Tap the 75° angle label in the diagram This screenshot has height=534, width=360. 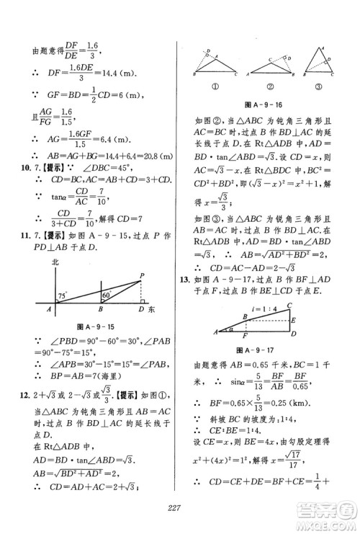coord(63,296)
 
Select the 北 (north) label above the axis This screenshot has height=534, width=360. coord(55,264)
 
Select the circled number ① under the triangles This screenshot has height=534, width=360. coord(215,88)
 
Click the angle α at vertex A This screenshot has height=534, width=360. coord(229,331)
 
